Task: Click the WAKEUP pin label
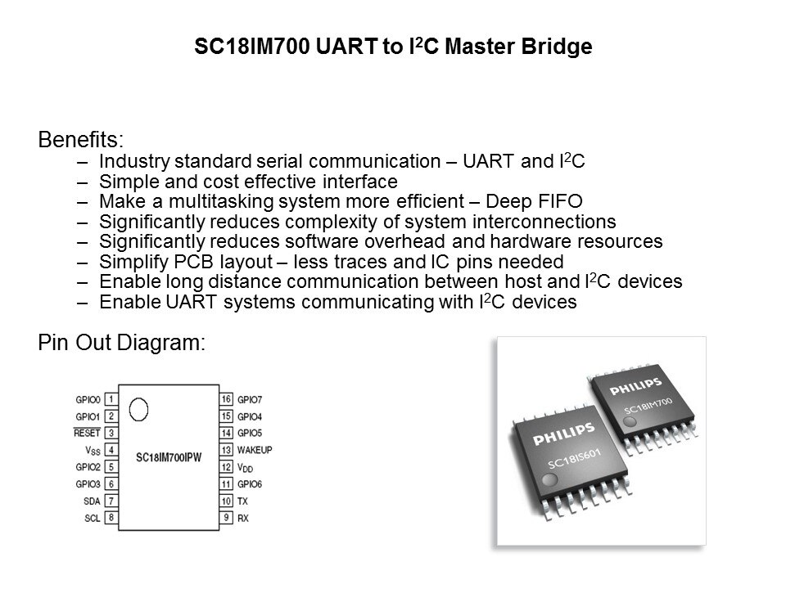[255, 450]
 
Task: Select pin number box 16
[226, 399]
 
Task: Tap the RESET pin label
[87, 433]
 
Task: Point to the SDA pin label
[92, 501]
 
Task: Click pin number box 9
[226, 517]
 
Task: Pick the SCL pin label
[93, 518]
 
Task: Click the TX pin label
[242, 501]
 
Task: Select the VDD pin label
[245, 468]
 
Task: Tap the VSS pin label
[93, 450]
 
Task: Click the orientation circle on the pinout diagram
[138, 409]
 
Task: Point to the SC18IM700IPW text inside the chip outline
[169, 457]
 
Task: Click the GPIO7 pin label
[250, 400]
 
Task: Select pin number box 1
[111, 399]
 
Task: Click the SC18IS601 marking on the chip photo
[574, 459]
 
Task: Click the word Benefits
[81, 139]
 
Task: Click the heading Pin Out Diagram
[122, 343]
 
